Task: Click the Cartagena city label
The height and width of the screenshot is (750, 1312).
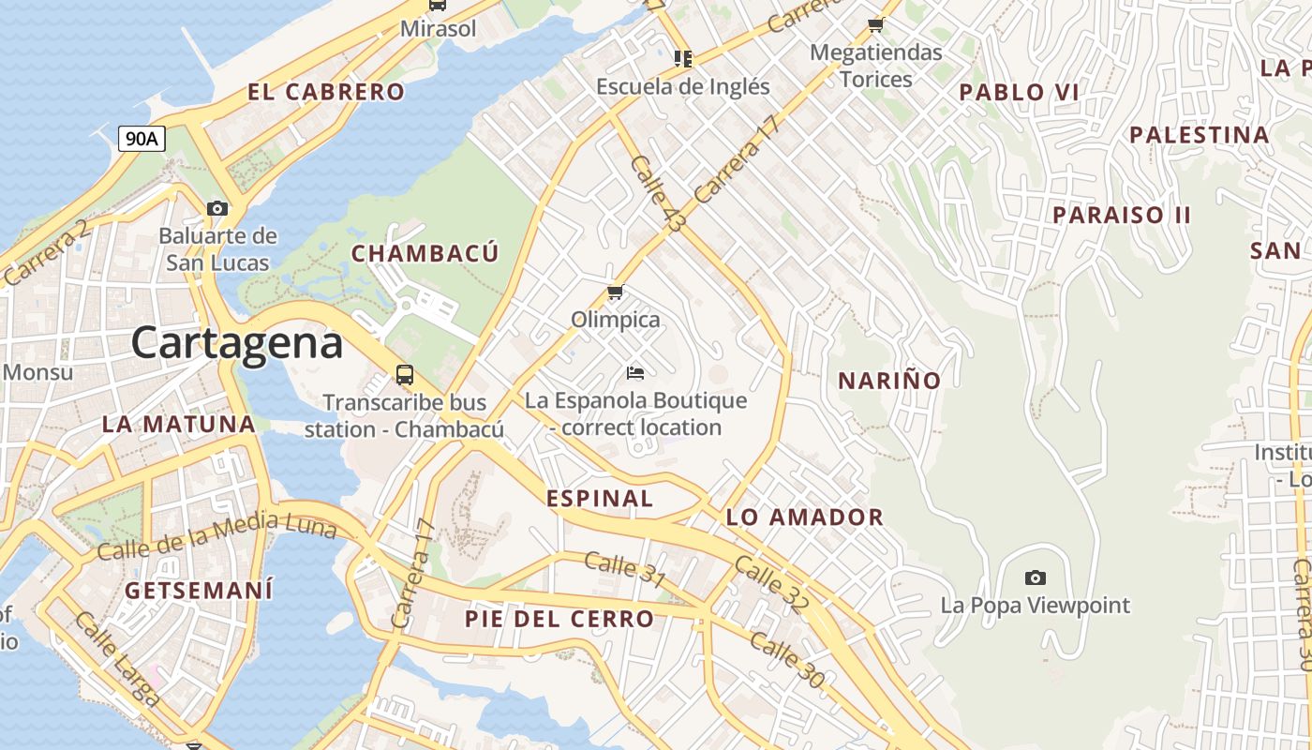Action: [x=237, y=343]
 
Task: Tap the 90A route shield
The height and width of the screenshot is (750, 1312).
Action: [x=142, y=139]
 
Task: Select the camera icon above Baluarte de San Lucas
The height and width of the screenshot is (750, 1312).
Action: [x=217, y=208]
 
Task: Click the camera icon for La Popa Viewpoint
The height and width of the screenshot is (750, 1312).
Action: [x=1035, y=577]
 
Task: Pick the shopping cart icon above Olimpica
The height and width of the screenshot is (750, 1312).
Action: [x=616, y=292]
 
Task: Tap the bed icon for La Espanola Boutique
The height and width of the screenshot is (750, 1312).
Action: [x=635, y=373]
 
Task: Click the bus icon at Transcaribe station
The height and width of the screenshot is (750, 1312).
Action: [x=405, y=375]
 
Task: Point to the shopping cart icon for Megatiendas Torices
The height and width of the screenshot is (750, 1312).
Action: [x=875, y=25]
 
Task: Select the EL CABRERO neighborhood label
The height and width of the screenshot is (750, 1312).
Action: [x=326, y=92]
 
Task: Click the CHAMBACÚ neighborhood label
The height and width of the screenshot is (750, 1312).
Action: [x=425, y=253]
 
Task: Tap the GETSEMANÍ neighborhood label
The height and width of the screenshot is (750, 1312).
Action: [x=199, y=591]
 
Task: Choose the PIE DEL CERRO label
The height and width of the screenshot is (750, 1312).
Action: [x=559, y=619]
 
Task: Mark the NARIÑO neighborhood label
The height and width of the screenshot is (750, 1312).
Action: [x=888, y=381]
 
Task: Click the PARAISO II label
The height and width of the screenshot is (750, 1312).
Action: [x=1121, y=215]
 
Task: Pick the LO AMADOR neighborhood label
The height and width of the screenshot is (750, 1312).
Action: [x=804, y=517]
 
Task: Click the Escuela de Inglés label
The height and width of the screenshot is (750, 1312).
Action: [x=682, y=87]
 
